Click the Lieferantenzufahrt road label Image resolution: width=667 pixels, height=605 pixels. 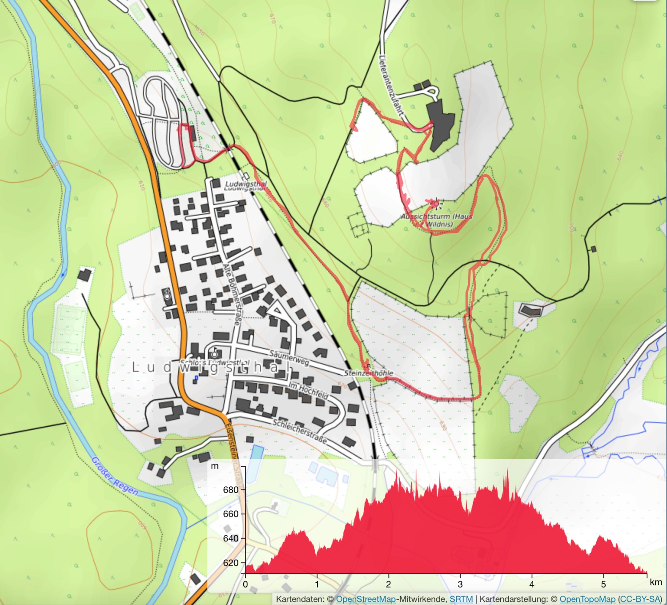click(x=391, y=85)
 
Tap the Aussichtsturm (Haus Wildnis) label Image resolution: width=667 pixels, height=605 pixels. click(x=437, y=220)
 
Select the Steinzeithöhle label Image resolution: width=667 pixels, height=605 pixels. click(x=369, y=373)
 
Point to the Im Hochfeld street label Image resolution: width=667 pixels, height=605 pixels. click(x=309, y=389)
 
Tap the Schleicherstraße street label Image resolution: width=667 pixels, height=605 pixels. click(x=300, y=431)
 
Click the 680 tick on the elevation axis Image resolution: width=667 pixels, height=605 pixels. click(x=231, y=490)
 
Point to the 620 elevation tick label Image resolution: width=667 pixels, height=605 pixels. click(x=231, y=563)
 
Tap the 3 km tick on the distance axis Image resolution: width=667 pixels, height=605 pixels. click(x=460, y=584)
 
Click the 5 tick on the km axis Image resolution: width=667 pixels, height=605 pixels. click(x=603, y=584)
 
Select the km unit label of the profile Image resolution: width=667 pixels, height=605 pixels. click(x=655, y=582)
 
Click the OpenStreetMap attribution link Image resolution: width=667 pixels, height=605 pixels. click(x=366, y=599)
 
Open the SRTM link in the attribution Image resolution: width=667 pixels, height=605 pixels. click(x=461, y=599)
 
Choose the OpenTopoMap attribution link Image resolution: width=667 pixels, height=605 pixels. click(x=587, y=599)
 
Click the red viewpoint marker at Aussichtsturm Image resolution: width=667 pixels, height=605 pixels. click(x=436, y=204)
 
